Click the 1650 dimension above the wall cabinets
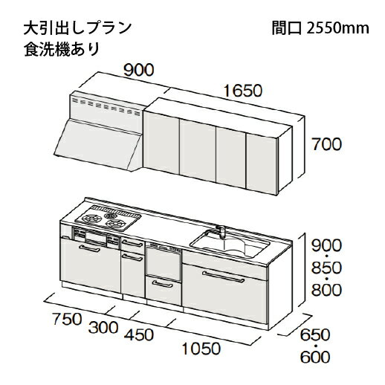click(242, 91)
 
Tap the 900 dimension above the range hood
click(138, 70)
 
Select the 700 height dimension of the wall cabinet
click(326, 144)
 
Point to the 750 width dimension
click(67, 319)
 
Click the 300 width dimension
click(103, 327)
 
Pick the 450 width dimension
click(139, 334)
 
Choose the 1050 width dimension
click(201, 349)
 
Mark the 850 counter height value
click(326, 268)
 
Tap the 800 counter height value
click(326, 290)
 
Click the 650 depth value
click(315, 334)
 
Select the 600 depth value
click(315, 357)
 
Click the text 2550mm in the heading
click(337, 28)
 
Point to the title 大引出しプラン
click(77, 28)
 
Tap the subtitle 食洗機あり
click(62, 49)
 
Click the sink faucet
click(221, 232)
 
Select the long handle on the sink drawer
click(223, 276)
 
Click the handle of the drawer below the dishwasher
click(163, 284)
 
